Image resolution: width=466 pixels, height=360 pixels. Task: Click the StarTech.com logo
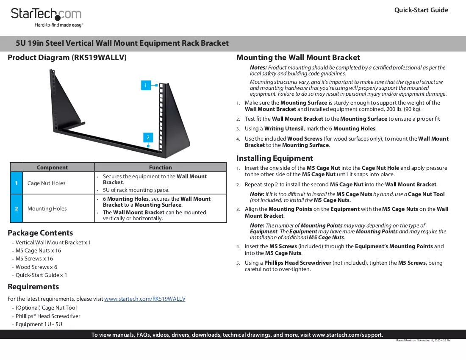[46, 17]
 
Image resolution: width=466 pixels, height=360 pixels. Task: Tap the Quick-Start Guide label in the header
[421, 10]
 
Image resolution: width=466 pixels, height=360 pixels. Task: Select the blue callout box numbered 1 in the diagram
[146, 85]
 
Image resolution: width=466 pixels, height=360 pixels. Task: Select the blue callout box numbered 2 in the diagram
[148, 138]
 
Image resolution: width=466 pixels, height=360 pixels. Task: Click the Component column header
[52, 168]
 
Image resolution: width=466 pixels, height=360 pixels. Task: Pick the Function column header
[161, 168]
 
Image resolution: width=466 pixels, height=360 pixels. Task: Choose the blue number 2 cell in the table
[17, 208]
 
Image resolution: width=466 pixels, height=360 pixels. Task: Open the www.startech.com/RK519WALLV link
[145, 299]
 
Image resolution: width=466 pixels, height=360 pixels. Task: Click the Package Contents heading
[40, 233]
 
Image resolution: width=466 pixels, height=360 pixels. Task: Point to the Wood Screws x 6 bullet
[36, 267]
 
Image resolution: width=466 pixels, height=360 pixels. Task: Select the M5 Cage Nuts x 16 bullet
[38, 251]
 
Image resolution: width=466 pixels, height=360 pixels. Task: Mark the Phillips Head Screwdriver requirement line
[48, 316]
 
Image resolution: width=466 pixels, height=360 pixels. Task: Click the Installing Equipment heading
[275, 158]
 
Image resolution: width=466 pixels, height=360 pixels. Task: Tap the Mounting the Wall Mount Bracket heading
[298, 58]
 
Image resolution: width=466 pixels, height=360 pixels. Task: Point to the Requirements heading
[33, 287]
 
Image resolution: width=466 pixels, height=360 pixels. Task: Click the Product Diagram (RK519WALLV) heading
[67, 58]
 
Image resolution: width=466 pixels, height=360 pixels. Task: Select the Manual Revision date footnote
[423, 341]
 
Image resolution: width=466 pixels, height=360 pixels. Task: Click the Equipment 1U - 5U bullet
[39, 324]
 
